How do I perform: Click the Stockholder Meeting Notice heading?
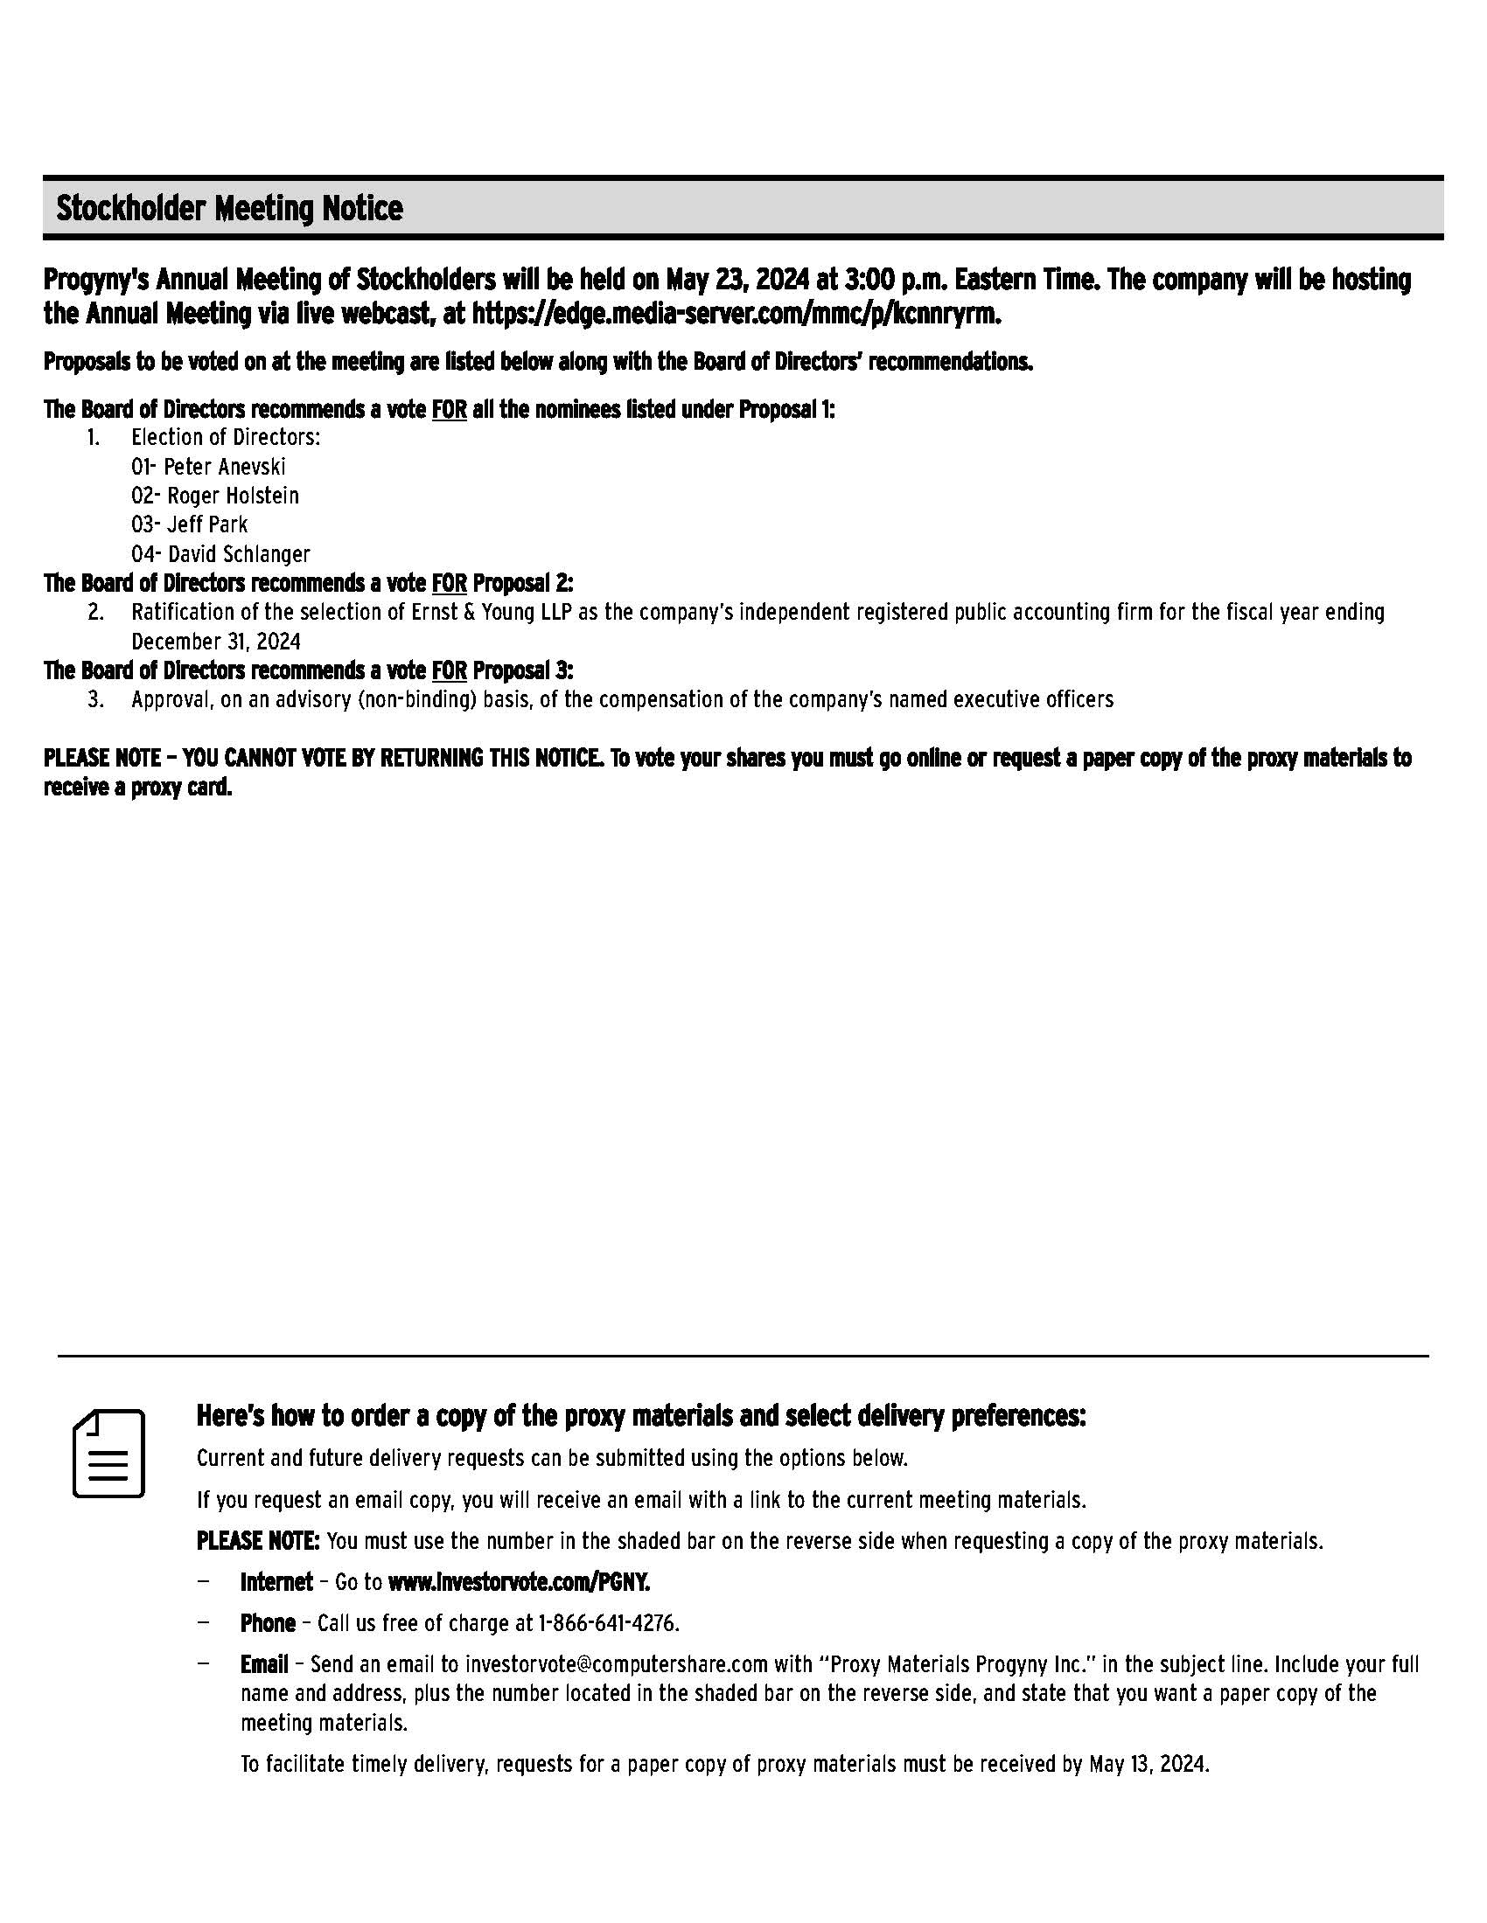[229, 209]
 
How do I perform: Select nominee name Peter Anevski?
[225, 467]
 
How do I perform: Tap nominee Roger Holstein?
[233, 496]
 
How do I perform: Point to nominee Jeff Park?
[207, 524]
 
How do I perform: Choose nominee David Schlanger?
[239, 554]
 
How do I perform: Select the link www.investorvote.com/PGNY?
[519, 1582]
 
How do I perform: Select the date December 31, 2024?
[216, 641]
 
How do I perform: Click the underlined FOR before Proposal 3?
[449, 671]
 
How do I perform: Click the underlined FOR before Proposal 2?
[449, 584]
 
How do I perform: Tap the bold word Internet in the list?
[276, 1582]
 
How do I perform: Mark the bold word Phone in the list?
[268, 1624]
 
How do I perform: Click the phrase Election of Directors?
[226, 438]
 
